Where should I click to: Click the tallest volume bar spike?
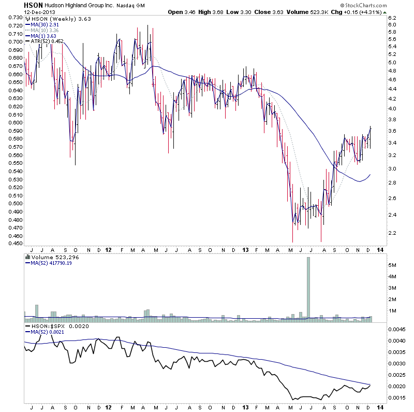click(x=308, y=290)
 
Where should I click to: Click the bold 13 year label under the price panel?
click(x=245, y=250)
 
